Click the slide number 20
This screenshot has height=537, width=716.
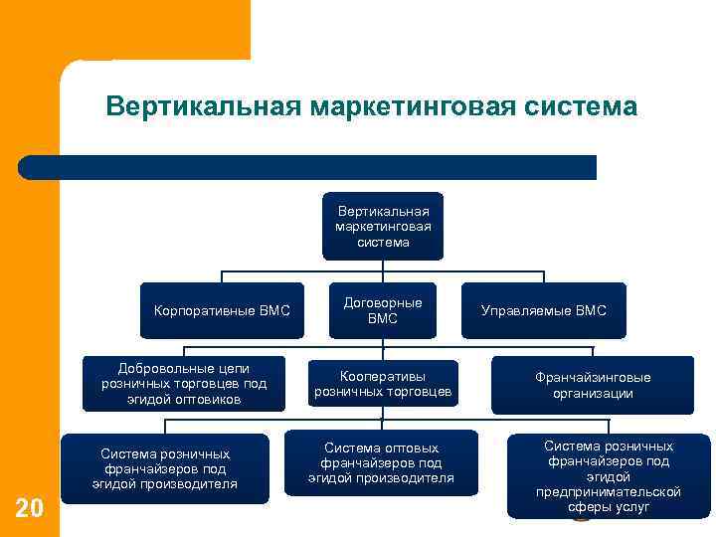30,509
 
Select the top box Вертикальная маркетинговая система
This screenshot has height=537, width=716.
383,226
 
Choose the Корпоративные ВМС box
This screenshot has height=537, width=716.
222,311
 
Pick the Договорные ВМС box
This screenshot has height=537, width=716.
383,310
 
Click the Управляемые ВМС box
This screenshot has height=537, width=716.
543,311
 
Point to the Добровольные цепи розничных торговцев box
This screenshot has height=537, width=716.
184,383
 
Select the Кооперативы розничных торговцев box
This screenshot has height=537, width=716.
383,384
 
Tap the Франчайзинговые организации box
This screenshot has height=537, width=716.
593,385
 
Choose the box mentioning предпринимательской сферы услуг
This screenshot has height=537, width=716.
609,476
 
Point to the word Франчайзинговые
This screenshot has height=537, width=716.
593,378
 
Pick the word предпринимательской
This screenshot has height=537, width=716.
609,491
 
